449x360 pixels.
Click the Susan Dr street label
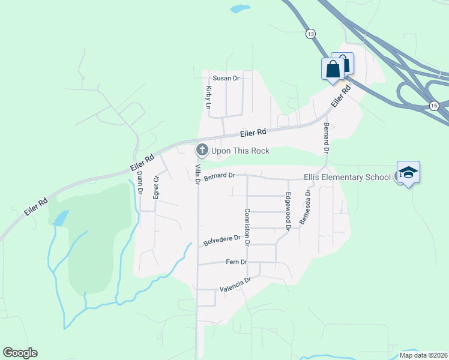coord(226,78)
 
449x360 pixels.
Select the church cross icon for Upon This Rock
coord(202,149)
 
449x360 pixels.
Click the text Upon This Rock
coord(240,151)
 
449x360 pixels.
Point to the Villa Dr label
coord(197,173)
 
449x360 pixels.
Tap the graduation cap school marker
coord(408,173)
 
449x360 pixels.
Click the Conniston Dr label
coord(246,226)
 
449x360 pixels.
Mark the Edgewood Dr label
coord(288,212)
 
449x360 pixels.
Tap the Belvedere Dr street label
coord(221,241)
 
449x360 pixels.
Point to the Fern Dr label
coord(237,262)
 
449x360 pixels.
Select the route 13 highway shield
coord(310,34)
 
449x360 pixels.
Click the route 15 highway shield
coord(434,106)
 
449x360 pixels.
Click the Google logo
coord(20,353)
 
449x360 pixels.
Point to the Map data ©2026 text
coord(423,355)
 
